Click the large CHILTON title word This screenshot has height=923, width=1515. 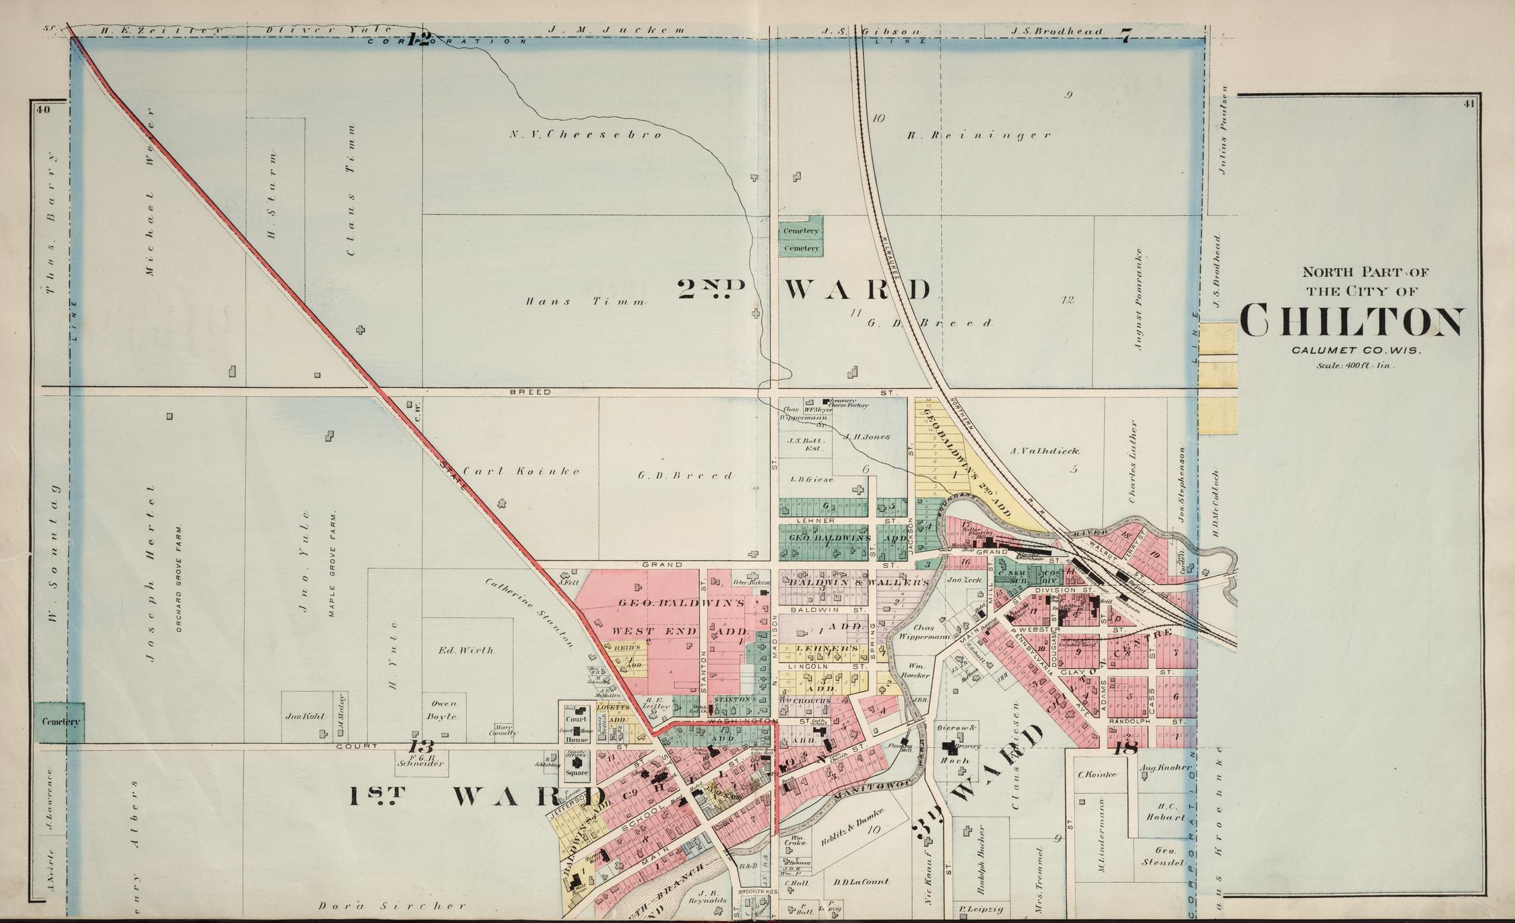[x=1351, y=322]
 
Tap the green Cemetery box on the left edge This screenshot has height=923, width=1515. [x=60, y=722]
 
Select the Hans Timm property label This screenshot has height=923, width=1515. [x=585, y=302]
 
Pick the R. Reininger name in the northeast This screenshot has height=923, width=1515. [x=979, y=136]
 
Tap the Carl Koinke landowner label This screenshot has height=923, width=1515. [x=522, y=472]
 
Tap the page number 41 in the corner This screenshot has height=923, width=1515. [x=1469, y=103]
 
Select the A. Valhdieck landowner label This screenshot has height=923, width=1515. [x=1045, y=451]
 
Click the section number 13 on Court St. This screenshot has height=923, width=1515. [x=422, y=746]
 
